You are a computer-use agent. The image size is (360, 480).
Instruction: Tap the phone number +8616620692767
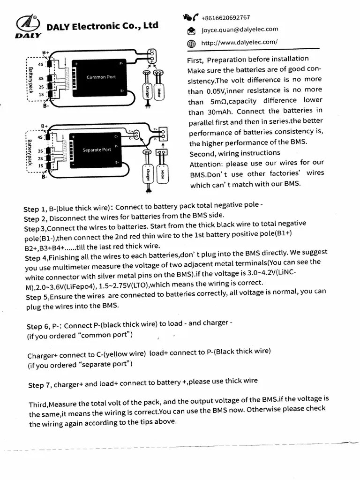[x=225, y=18]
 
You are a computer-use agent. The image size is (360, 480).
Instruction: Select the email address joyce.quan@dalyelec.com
[x=240, y=30]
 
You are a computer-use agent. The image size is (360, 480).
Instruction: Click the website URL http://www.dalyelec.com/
[x=239, y=42]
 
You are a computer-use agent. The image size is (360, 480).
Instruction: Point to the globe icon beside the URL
[x=191, y=44]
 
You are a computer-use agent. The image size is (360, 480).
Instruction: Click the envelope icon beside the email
[x=191, y=31]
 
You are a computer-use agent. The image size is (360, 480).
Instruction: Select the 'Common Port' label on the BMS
[x=101, y=77]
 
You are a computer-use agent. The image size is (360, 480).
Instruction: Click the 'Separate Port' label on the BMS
[x=97, y=150]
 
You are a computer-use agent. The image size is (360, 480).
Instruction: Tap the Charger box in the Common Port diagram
[x=147, y=89]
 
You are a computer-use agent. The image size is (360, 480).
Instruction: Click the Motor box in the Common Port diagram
[x=159, y=89]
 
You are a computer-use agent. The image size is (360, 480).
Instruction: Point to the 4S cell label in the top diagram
[x=41, y=64]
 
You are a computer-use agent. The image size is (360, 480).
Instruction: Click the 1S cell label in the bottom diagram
[x=41, y=165]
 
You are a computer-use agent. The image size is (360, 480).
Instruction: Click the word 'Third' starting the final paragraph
[x=38, y=404]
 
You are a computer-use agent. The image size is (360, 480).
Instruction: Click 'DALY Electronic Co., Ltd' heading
[x=102, y=26]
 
